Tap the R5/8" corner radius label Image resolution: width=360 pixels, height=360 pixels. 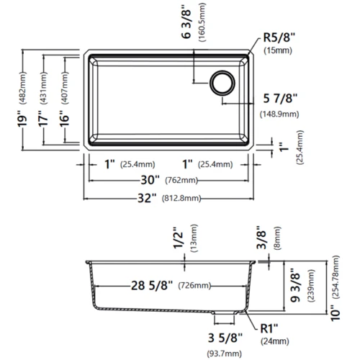click(x=279, y=37)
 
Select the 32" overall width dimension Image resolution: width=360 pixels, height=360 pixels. click(x=147, y=198)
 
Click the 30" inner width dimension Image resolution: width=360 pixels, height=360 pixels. click(x=150, y=180)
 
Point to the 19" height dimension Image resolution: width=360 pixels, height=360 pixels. click(x=22, y=118)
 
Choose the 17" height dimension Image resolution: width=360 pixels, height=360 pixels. click(x=43, y=118)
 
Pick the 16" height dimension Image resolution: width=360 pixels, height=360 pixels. click(x=64, y=118)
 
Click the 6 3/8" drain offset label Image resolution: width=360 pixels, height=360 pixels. click(x=186, y=24)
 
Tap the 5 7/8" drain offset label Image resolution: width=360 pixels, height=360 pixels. click(x=280, y=99)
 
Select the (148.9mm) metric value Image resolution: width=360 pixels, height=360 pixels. click(x=279, y=114)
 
